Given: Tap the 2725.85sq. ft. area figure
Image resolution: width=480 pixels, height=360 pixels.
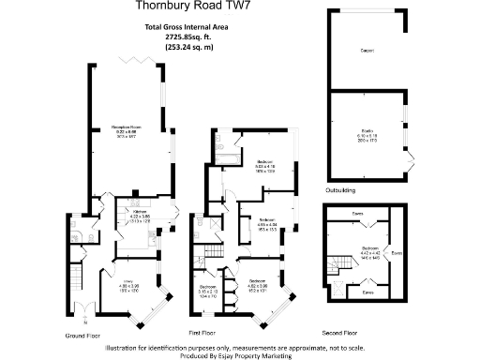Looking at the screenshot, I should (x=201, y=37).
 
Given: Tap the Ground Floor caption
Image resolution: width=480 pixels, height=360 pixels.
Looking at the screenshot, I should (x=82, y=335).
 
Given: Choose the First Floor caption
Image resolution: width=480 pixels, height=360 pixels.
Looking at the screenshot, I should (x=206, y=332).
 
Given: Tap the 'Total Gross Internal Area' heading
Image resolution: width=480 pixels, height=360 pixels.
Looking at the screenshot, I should (x=201, y=28).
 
